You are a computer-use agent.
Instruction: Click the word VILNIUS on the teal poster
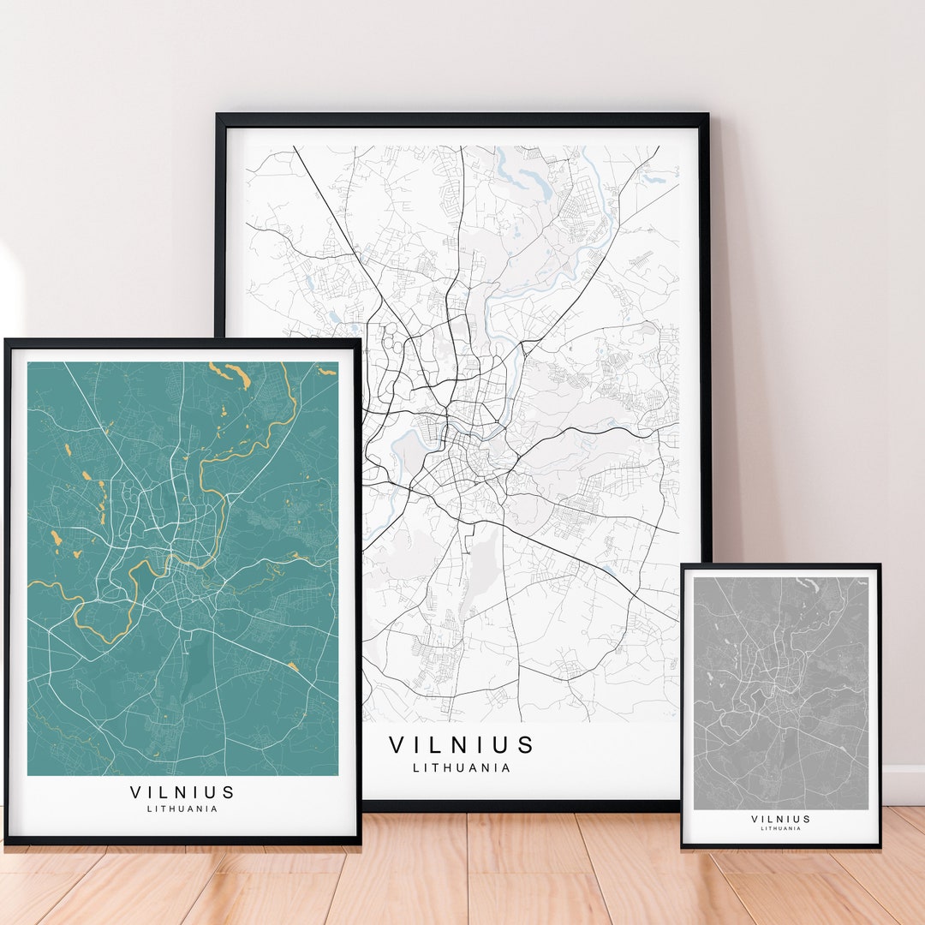click(182, 792)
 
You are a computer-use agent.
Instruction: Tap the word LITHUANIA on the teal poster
click(182, 809)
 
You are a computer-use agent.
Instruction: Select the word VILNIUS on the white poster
click(462, 745)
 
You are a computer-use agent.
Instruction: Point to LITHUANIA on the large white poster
click(462, 767)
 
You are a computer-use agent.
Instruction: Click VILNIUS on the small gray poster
click(780, 819)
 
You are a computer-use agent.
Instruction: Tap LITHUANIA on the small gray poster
click(780, 828)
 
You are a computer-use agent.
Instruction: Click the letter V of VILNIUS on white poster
click(397, 745)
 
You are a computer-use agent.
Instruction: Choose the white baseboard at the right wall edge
click(904, 784)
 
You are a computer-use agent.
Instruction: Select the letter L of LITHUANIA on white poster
click(416, 767)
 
